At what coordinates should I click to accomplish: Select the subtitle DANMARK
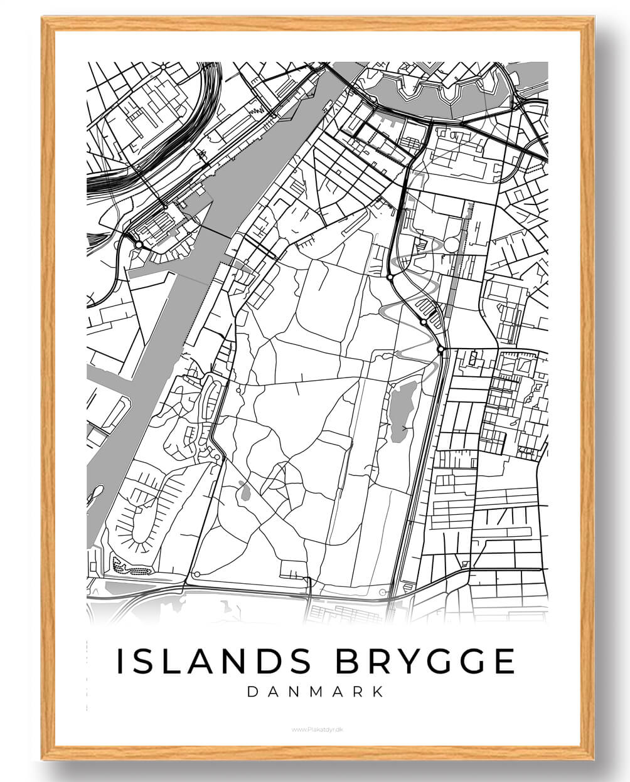[316, 692]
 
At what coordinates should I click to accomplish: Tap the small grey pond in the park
[244, 491]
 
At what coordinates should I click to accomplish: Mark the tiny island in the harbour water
[97, 491]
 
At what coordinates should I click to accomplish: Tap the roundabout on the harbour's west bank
[138, 244]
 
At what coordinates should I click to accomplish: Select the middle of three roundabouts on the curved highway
[424, 322]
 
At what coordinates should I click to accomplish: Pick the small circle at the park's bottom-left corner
[197, 574]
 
